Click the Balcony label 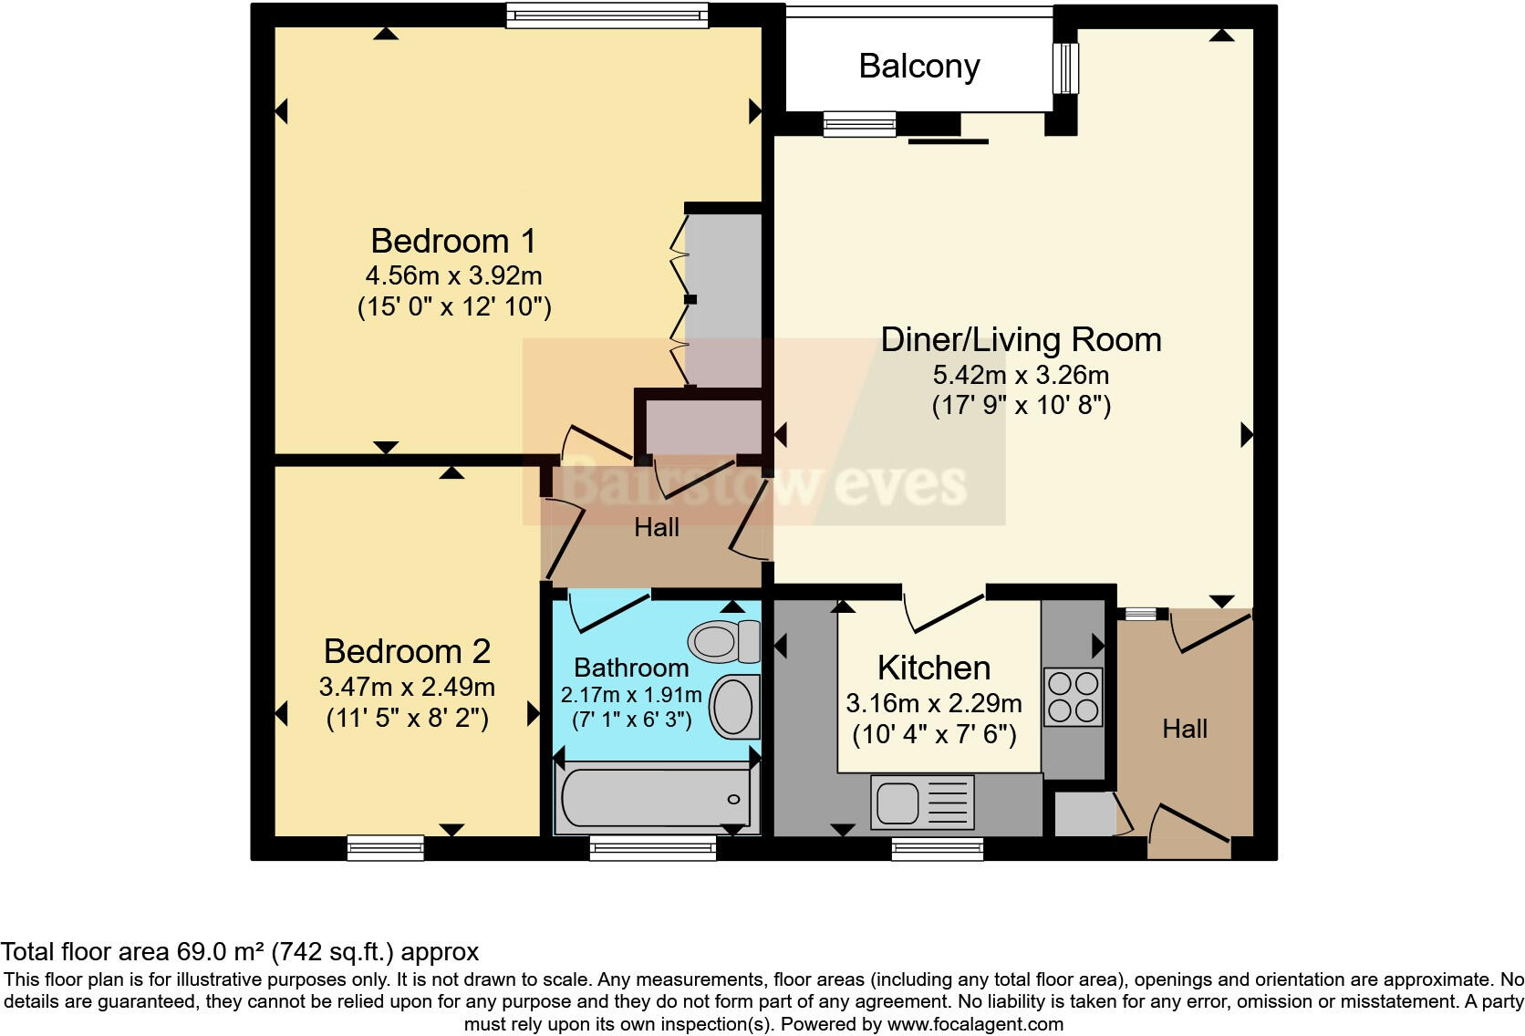point(918,67)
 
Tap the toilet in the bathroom point(725,641)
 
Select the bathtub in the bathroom point(655,798)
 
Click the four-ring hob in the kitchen point(1073,697)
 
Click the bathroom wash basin point(734,706)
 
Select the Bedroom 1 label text point(453,242)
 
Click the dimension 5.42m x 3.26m point(1020,375)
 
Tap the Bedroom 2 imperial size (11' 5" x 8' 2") point(408,719)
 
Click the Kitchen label point(933,668)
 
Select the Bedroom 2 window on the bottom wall point(386,847)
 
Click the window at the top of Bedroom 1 point(607,16)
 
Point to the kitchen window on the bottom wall point(937,849)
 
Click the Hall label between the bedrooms point(657,527)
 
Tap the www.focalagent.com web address point(975,1024)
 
